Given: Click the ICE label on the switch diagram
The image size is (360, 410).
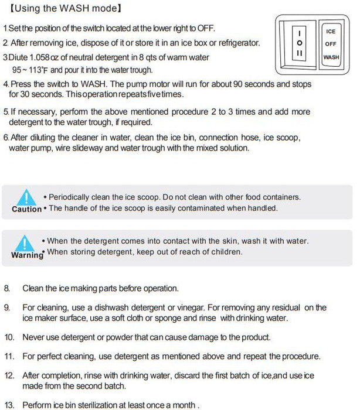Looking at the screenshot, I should click(x=330, y=31).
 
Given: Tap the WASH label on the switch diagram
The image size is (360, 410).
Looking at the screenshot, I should click(x=331, y=57).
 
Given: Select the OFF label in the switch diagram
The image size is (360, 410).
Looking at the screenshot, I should click(x=330, y=44).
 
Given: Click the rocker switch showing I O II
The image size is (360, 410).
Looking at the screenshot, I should click(x=300, y=44).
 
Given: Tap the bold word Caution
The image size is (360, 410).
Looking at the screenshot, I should click(x=26, y=209).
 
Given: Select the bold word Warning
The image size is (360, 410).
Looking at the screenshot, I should click(x=27, y=255).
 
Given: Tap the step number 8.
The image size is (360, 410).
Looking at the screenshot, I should click(x=7, y=288).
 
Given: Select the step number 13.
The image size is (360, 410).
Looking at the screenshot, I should click(x=9, y=404).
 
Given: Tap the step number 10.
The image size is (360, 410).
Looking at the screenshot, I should click(x=9, y=337).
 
